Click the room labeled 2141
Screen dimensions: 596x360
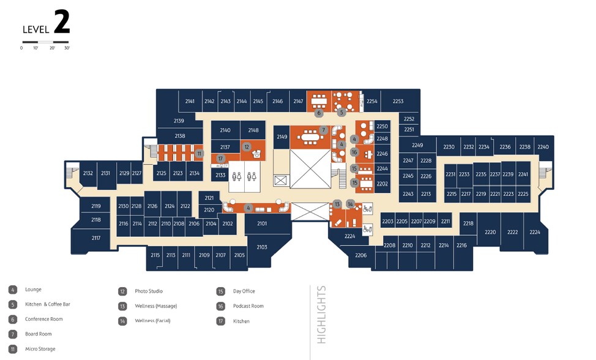tap(190, 101)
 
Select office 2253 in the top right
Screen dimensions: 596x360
tap(398, 101)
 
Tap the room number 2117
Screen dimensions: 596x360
tap(96, 238)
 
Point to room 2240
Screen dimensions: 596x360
tap(543, 147)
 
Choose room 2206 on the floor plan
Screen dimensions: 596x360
tap(360, 255)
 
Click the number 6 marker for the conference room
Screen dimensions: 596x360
tap(319, 113)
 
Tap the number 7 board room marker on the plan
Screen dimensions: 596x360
tap(324, 130)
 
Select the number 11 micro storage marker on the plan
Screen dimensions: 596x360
tap(199, 154)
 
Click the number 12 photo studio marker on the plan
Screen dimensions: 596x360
tap(247, 147)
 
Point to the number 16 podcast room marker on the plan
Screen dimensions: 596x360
tap(354, 152)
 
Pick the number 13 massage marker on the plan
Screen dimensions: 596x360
tap(337, 204)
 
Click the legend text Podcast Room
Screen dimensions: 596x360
tap(248, 306)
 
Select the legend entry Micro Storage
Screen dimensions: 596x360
tap(40, 349)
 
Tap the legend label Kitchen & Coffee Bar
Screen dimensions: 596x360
tap(48, 304)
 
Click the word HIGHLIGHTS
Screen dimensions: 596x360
tap(322, 315)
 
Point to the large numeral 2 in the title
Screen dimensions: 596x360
tap(62, 22)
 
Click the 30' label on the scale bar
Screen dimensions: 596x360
tap(67, 48)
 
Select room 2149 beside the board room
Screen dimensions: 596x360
tap(281, 137)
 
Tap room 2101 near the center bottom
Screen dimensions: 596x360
tap(262, 223)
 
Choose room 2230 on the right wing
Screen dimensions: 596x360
tap(449, 147)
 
